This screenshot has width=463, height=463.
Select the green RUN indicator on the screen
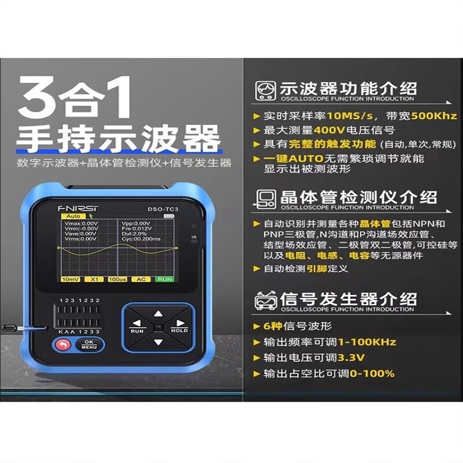click(164, 279)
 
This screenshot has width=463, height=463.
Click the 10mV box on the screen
click(70, 279)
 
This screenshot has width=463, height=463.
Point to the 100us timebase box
click(117, 279)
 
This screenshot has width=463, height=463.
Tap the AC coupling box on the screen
click(141, 279)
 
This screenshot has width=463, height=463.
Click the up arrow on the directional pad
click(158, 314)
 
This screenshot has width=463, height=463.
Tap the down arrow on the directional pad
click(158, 341)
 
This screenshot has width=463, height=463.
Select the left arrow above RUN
click(137, 324)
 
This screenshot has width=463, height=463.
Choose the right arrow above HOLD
click(179, 324)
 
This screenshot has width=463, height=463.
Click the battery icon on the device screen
click(169, 216)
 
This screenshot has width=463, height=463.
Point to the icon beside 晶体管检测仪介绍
click(265, 199)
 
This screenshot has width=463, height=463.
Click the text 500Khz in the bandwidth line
click(434, 116)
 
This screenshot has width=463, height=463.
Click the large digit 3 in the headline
click(39, 101)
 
